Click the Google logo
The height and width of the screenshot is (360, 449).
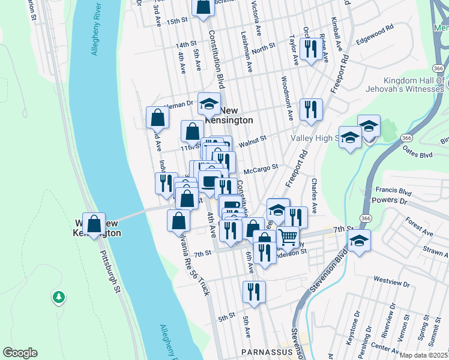pyautogui.click(x=20, y=353)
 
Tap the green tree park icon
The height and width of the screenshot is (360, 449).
pyautogui.click(x=58, y=296)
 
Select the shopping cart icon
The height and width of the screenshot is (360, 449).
pyautogui.click(x=288, y=237)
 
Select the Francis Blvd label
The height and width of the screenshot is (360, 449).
pyautogui.click(x=397, y=193)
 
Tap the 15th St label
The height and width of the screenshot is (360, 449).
pyautogui.click(x=178, y=21)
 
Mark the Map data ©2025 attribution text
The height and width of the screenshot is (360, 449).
pyautogui.click(x=423, y=355)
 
